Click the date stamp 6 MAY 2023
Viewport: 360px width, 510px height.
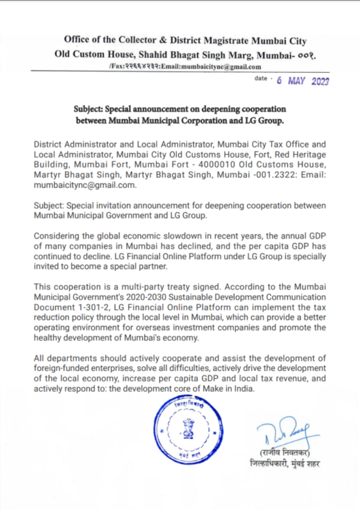point(303,81)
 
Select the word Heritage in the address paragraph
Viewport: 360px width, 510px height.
point(305,154)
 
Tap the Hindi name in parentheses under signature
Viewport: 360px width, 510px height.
point(285,453)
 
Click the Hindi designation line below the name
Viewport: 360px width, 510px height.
point(285,464)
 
